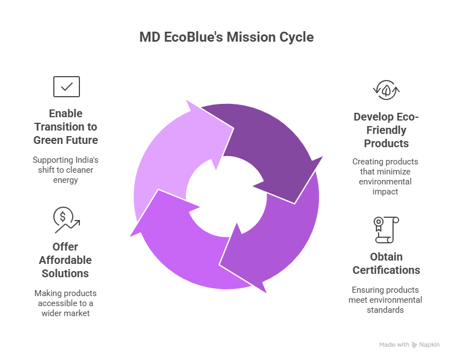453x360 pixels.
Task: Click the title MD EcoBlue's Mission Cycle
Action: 226,37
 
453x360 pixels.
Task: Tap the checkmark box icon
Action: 67,87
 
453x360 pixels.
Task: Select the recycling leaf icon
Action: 386,90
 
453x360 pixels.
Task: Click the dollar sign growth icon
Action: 67,220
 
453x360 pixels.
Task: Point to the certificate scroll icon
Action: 386,230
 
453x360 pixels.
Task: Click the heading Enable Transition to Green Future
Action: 66,127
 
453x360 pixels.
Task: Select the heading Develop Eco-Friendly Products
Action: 386,130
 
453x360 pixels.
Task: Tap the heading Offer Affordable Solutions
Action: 66,260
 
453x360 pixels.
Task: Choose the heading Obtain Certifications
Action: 386,263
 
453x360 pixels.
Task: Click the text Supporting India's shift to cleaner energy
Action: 66,170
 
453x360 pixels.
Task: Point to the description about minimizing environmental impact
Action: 385,176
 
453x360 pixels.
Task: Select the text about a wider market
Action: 66,303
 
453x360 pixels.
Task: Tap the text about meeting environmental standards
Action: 385,300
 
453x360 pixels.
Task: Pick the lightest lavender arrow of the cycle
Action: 173,156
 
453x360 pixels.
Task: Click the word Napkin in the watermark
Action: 429,344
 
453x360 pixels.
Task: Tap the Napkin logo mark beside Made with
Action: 414,344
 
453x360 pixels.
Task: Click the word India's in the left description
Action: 86,160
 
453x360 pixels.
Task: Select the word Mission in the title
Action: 251,37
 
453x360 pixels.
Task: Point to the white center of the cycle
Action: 226,197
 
